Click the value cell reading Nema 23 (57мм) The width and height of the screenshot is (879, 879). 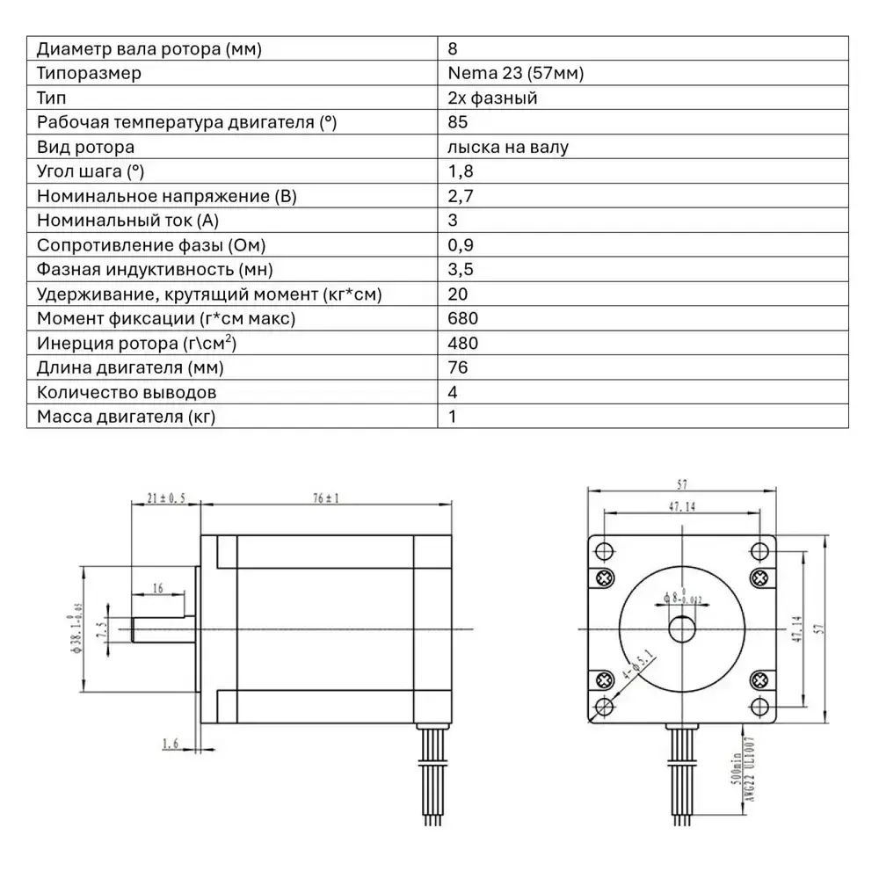tap(515, 73)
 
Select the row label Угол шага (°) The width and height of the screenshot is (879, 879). tap(91, 171)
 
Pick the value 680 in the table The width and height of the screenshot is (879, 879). tap(462, 318)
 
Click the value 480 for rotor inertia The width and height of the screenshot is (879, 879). tap(462, 343)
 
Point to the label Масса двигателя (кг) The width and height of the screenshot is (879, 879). tap(126, 417)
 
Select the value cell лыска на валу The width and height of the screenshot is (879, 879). tap(507, 147)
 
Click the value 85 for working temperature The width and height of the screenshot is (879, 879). tap(457, 122)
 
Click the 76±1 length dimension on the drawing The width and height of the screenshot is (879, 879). tap(325, 498)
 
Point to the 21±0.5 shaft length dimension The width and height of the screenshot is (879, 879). tap(166, 498)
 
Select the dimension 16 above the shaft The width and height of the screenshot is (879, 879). tap(157, 587)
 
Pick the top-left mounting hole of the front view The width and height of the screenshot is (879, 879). tap(604, 551)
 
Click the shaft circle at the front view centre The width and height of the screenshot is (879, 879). tap(682, 629)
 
